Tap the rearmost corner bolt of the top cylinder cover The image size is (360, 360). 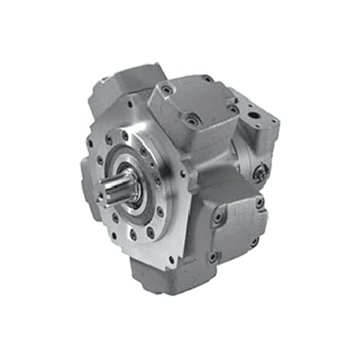pyautogui.click(x=208, y=79)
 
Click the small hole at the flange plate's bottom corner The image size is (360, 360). pyautogui.click(x=172, y=260)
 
